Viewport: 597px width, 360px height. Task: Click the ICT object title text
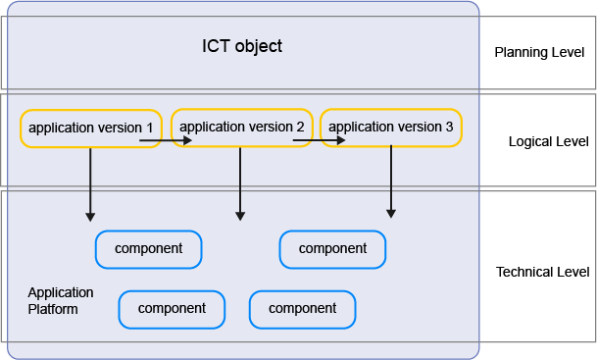pos(241,46)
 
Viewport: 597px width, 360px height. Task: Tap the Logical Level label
pos(548,141)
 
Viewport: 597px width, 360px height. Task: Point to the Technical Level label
pos(543,272)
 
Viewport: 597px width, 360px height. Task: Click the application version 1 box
pos(91,129)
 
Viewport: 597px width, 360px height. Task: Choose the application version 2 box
pos(242,127)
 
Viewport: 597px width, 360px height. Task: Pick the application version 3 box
pos(390,128)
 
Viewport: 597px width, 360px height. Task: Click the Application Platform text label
pos(61,301)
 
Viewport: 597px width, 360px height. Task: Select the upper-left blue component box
pos(148,249)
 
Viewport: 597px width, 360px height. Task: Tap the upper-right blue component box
pos(332,249)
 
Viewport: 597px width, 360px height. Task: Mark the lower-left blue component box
pos(172,309)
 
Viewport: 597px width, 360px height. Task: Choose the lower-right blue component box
pos(302,309)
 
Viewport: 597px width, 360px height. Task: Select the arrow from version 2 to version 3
pos(319,140)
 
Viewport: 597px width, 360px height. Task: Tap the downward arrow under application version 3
pos(391,181)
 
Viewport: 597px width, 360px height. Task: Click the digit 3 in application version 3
pos(449,128)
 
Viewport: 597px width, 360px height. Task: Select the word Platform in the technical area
pos(53,309)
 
